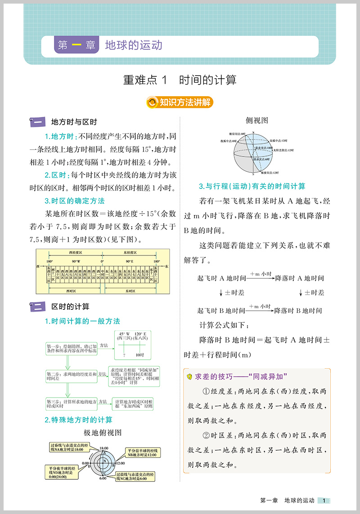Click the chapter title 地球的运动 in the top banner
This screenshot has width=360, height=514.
click(133, 45)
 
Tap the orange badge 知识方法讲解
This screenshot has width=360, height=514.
click(180, 103)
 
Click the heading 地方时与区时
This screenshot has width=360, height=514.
click(74, 122)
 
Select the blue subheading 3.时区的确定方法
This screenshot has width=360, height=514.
click(74, 201)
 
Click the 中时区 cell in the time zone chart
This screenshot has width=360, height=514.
click(102, 275)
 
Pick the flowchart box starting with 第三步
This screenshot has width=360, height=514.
click(72, 403)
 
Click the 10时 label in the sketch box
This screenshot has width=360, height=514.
click(139, 355)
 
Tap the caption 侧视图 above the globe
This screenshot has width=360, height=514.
click(257, 121)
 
